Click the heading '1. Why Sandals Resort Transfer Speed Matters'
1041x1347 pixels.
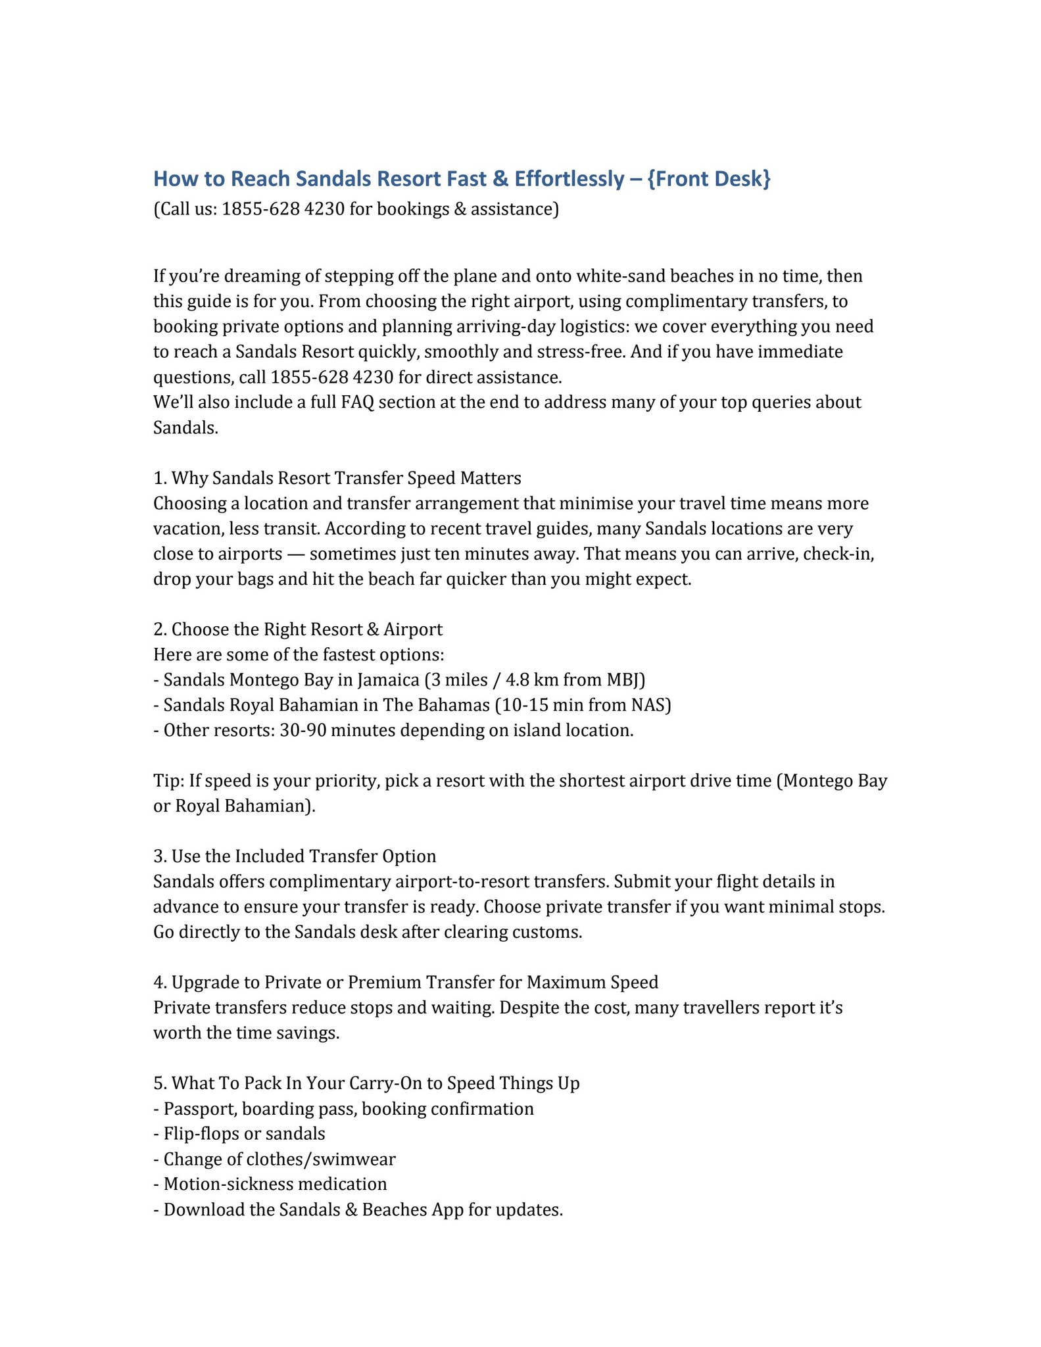[337, 478]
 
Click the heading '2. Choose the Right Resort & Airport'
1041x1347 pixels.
[298, 629]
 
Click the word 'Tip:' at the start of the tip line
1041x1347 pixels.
[169, 781]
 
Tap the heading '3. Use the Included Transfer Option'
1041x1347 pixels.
[295, 856]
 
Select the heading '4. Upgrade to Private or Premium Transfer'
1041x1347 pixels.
[406, 983]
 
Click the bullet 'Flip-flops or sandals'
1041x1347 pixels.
[239, 1134]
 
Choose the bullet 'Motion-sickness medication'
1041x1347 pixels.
[270, 1185]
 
